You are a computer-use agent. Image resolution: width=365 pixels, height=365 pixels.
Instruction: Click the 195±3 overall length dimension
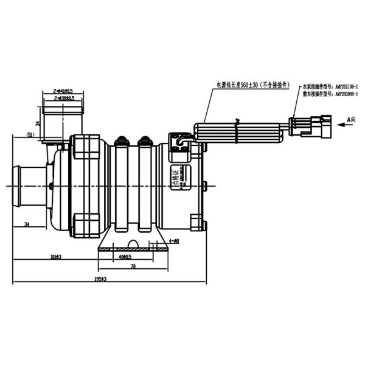pyautogui.click(x=100, y=279)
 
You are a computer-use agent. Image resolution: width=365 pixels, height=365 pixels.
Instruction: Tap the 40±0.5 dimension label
pyautogui.click(x=127, y=257)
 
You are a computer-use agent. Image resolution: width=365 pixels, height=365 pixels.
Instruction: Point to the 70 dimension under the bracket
pyautogui.click(x=132, y=266)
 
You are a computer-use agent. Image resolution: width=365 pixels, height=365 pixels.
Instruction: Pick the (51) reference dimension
pyautogui.click(x=30, y=134)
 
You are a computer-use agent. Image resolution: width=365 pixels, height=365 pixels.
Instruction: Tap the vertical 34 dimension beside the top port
pyautogui.click(x=38, y=123)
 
